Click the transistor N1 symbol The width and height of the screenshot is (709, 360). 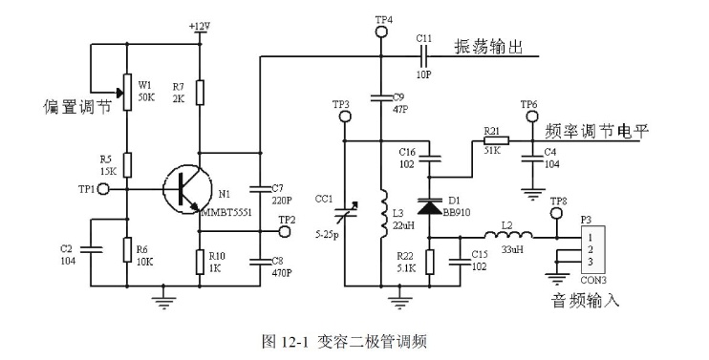[x=187, y=190]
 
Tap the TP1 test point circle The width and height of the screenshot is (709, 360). [x=103, y=189]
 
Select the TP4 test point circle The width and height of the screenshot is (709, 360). [x=381, y=32]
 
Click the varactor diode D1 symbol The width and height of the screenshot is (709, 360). [x=429, y=207]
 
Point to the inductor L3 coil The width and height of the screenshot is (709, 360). [x=383, y=214]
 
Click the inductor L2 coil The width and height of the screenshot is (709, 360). [x=508, y=235]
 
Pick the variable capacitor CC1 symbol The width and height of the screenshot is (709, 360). [x=345, y=212]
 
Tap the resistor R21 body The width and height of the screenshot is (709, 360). [x=497, y=141]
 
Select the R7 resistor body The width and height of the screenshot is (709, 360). [x=200, y=93]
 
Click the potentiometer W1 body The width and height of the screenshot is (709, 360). [x=127, y=93]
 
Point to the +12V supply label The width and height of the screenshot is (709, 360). [x=200, y=27]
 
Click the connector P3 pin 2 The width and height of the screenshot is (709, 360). [x=591, y=249]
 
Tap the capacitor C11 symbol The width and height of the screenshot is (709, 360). [x=423, y=56]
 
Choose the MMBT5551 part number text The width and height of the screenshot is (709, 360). [x=226, y=212]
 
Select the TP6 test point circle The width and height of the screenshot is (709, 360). [x=532, y=116]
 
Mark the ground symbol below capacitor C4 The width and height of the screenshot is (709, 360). [x=532, y=195]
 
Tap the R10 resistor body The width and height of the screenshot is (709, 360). [x=200, y=262]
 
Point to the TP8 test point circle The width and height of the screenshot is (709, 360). [x=557, y=213]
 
